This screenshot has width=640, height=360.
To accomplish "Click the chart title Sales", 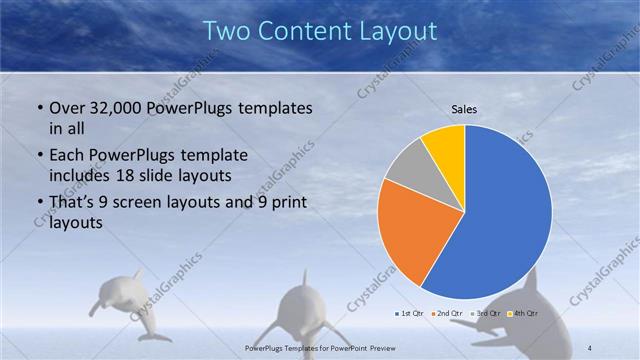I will [x=464, y=109].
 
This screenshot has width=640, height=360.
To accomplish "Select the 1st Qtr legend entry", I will [x=409, y=313].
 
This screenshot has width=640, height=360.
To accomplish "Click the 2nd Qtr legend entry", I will [x=447, y=313].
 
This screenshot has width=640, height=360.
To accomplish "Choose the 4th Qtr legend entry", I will [x=523, y=313].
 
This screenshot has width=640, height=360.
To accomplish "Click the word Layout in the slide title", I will [x=395, y=31].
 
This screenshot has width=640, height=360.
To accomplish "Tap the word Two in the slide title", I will [x=226, y=31].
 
